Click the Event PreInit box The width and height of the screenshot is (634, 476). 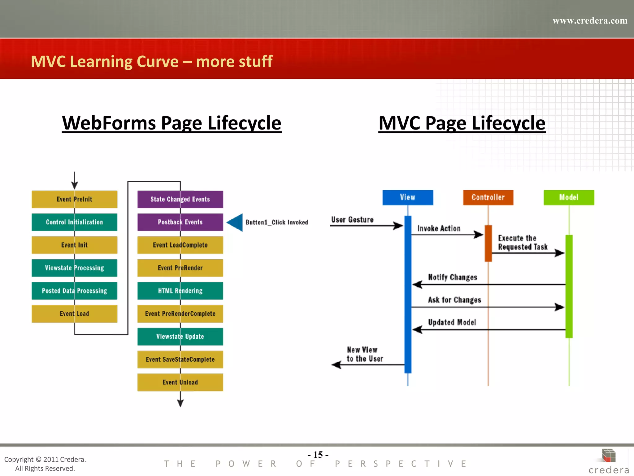coord(74,199)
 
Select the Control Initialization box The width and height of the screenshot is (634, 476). coord(74,222)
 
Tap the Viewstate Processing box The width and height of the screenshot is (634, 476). coord(74,268)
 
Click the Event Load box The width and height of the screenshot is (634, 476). coord(74,314)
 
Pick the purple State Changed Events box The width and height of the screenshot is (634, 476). coord(180,199)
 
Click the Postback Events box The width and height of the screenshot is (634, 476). coord(180,222)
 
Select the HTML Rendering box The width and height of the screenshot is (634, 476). coord(180,291)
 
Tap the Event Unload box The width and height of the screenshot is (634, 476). coord(180,382)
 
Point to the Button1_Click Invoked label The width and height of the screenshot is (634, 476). coord(277,223)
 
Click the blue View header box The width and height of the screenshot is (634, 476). coord(408,198)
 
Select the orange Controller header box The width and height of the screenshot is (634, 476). coord(488,198)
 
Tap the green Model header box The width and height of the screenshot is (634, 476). coord(569,198)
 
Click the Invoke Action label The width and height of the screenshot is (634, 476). coord(439,229)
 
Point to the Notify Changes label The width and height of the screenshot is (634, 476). coord(453,277)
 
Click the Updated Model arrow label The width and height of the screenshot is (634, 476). coord(452,323)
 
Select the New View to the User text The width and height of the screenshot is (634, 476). coord(365,354)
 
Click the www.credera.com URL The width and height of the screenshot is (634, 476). coord(590,21)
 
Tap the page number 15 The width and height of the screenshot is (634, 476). coord(318,455)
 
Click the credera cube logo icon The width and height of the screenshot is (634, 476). coord(609,456)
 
